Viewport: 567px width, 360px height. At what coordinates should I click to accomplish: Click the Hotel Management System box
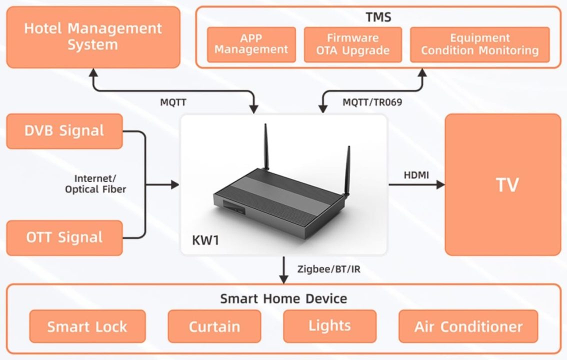coord(93,37)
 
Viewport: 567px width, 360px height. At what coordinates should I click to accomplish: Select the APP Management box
coord(251,44)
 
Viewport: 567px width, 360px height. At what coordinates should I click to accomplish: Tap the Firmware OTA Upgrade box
coord(352,44)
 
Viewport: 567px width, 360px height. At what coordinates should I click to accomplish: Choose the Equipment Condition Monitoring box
coord(479,44)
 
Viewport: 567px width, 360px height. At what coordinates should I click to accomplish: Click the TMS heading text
coord(378,17)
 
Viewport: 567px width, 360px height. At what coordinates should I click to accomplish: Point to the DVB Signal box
coord(64,131)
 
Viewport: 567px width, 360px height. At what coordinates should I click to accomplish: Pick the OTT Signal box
coord(64,237)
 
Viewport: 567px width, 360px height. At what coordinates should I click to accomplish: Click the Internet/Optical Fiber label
coord(95,184)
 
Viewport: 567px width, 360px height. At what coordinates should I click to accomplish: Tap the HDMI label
coord(416,175)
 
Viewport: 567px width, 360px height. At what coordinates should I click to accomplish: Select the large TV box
coord(507,184)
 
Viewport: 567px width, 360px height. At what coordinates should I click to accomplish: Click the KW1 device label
coord(205,240)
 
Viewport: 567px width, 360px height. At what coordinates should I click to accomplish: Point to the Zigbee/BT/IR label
coord(328,269)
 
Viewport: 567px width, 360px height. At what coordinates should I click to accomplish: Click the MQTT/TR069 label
coord(372,102)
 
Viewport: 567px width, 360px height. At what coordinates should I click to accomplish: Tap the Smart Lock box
coord(87,326)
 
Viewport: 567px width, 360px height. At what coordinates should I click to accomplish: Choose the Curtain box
coord(214,326)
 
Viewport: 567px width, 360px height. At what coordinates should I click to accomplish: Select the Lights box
coord(329,326)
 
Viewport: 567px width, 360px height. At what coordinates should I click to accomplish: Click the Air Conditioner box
coord(468,326)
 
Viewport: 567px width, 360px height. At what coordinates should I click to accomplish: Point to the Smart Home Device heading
coord(283,299)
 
